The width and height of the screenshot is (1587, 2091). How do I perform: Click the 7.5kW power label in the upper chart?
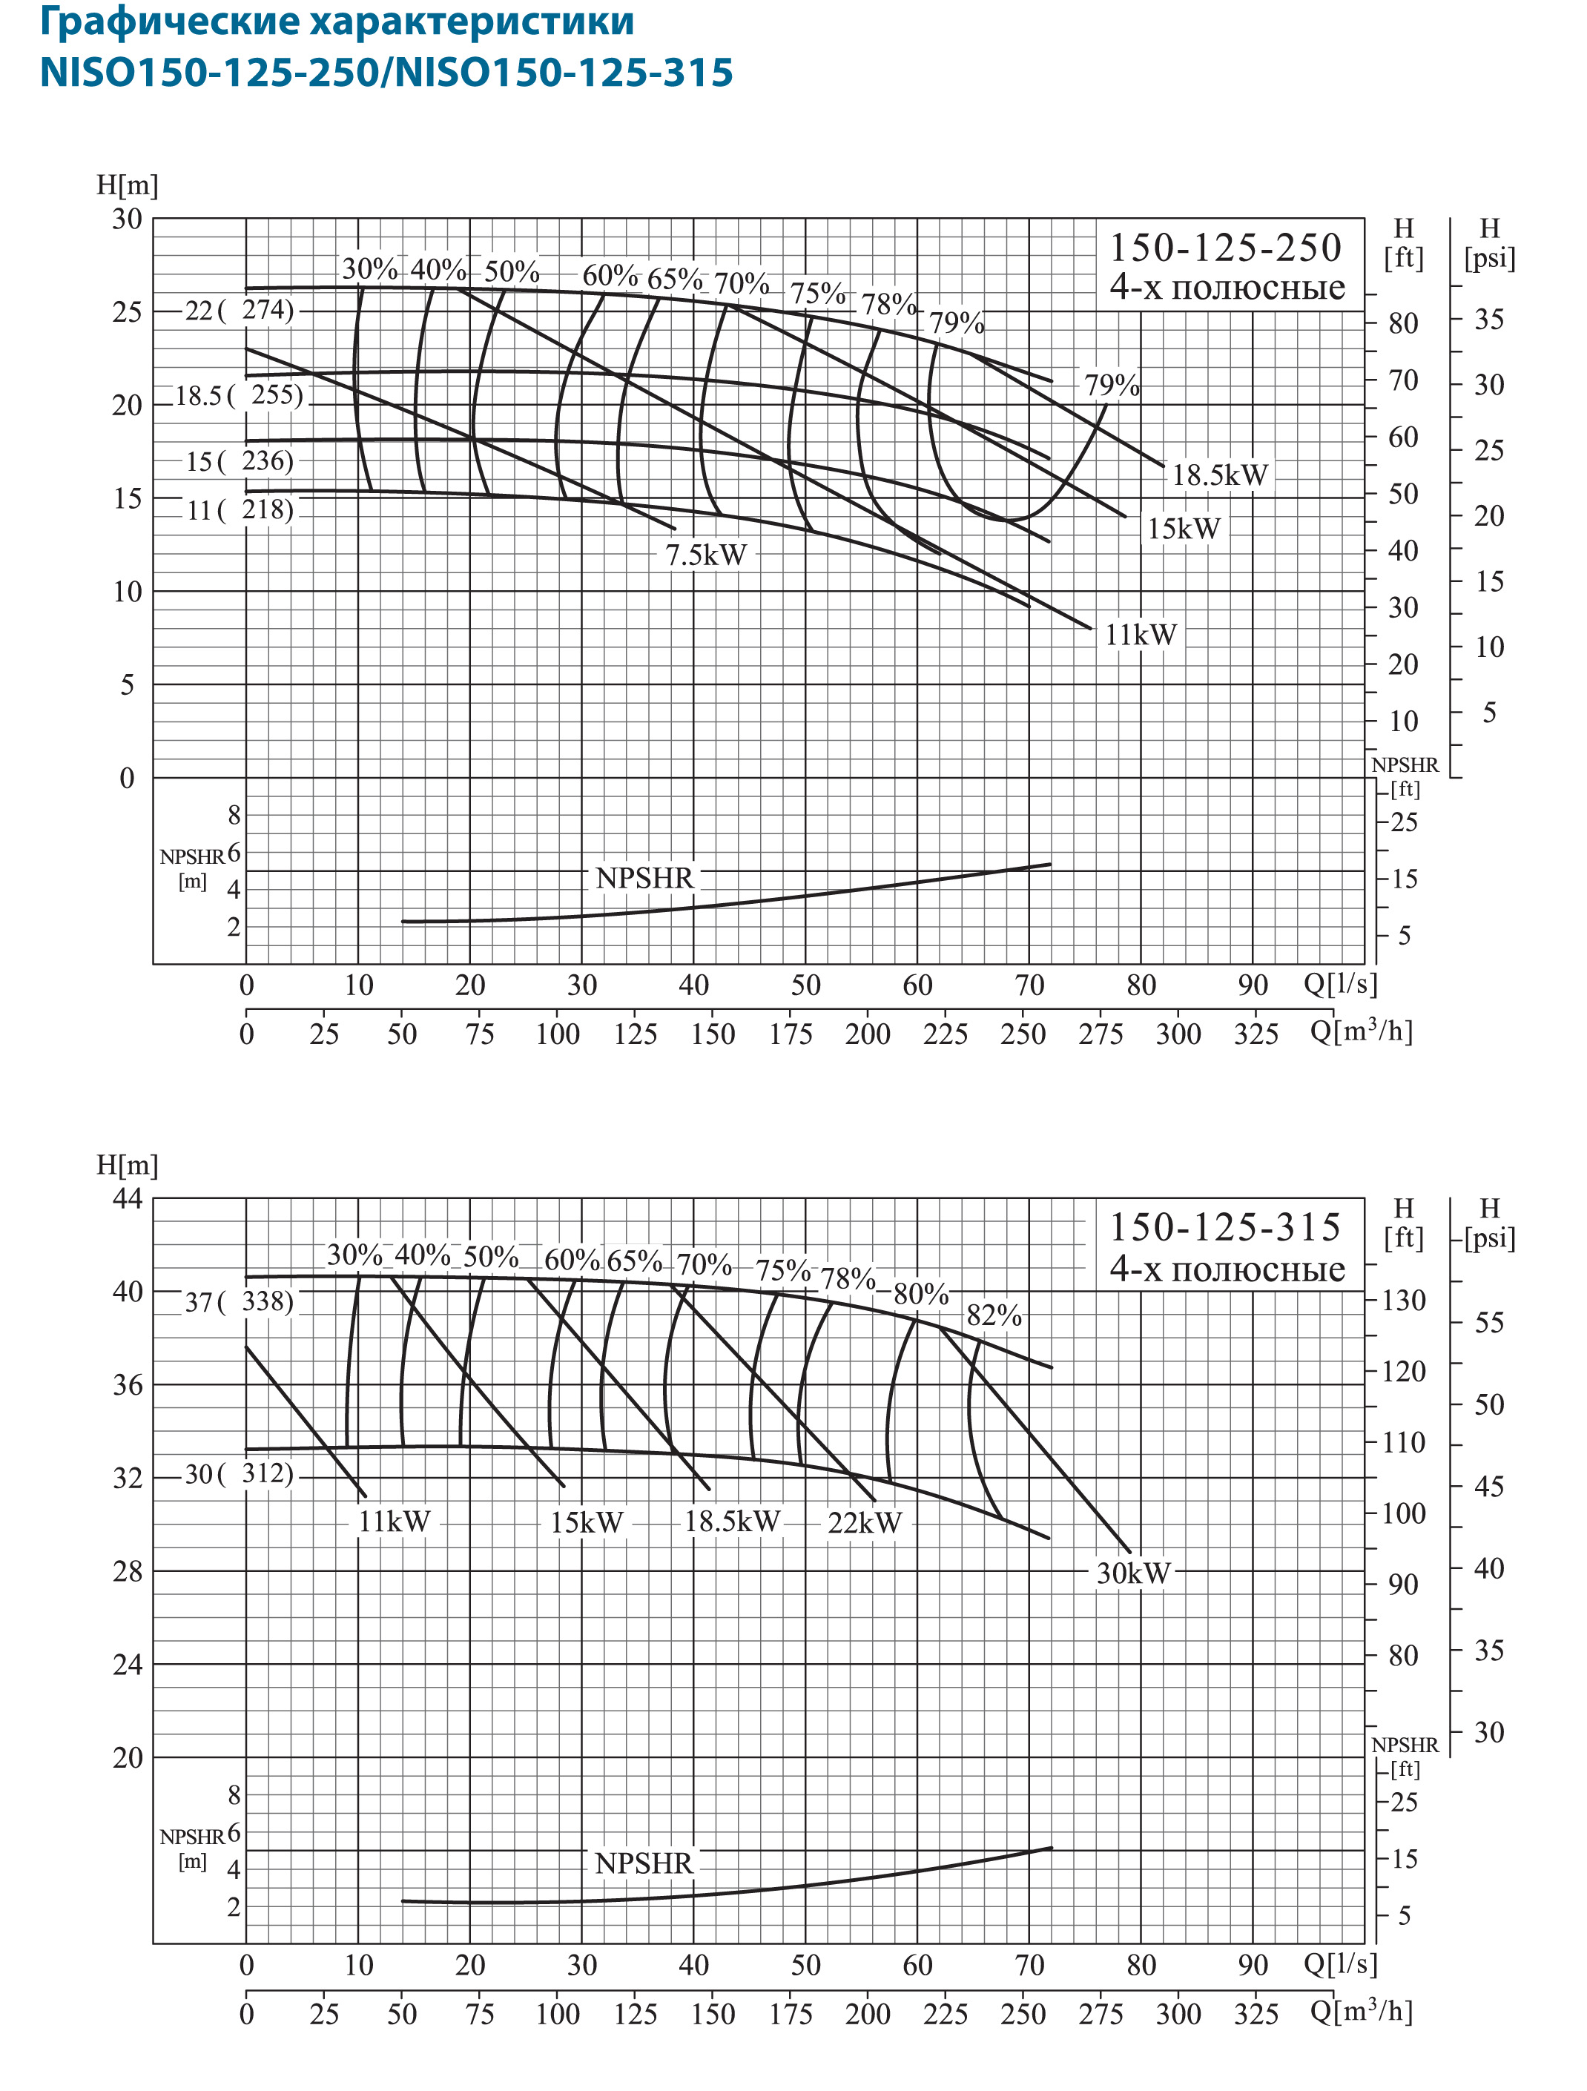tap(705, 555)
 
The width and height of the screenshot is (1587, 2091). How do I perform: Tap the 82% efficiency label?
tap(994, 1315)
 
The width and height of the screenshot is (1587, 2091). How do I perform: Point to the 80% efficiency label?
tap(920, 1294)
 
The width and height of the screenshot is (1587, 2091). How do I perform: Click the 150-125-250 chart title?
tap(1225, 248)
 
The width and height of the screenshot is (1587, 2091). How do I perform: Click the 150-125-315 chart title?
tap(1225, 1227)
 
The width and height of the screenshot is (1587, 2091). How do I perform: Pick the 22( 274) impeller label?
tap(239, 310)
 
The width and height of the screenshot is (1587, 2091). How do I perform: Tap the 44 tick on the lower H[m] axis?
tap(128, 1199)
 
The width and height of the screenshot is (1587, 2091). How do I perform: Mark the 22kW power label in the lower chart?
tap(865, 1523)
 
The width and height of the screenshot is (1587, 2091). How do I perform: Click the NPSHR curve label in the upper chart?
tap(644, 878)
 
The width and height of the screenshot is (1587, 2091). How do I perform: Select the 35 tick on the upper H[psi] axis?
tap(1488, 320)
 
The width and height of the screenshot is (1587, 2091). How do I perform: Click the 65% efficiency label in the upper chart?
tap(675, 279)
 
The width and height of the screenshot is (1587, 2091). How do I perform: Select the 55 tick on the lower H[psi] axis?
tap(1488, 1323)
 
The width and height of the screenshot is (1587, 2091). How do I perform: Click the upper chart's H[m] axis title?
tap(128, 185)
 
